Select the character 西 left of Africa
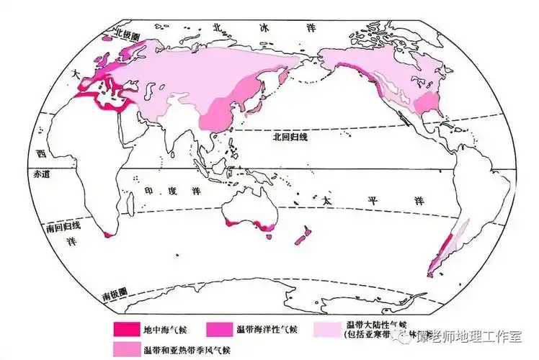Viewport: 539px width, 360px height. point(41,153)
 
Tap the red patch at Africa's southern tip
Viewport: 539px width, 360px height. point(108,233)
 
